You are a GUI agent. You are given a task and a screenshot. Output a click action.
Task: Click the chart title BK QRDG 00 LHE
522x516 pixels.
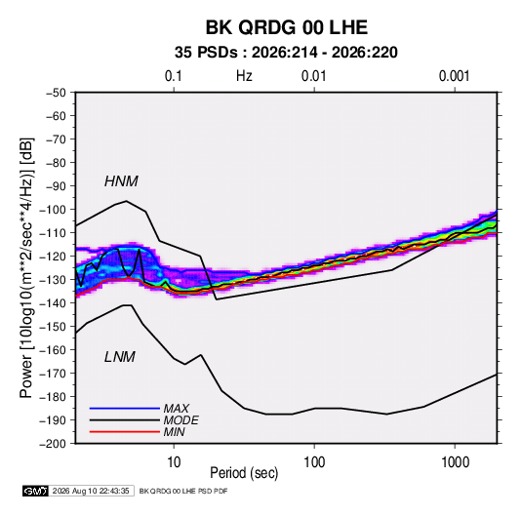coord(286,27)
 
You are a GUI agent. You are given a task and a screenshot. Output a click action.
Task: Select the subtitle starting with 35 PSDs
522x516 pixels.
coord(286,53)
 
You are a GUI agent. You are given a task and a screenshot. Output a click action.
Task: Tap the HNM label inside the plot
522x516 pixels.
coord(121,181)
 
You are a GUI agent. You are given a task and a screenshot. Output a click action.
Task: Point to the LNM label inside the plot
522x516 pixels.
coord(120,357)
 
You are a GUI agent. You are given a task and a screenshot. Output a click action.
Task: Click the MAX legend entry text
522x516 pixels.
coord(177,409)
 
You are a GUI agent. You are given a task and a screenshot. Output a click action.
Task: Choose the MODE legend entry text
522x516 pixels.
coord(181,420)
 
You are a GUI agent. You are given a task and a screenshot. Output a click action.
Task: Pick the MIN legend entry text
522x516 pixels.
coord(175,432)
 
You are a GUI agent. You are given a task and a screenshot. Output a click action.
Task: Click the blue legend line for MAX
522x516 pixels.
coord(125,408)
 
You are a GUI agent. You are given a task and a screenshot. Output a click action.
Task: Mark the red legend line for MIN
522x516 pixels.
coord(125,432)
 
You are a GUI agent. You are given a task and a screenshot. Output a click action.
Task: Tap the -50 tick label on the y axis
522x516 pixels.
coord(56,93)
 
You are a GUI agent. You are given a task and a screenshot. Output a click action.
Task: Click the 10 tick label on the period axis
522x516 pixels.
coord(174,462)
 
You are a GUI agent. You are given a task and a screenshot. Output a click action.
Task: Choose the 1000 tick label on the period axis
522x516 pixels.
coord(455,462)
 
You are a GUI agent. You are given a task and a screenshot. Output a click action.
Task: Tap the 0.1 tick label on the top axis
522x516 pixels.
coord(174,76)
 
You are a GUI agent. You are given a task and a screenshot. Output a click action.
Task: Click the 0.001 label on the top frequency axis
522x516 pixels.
coord(454,76)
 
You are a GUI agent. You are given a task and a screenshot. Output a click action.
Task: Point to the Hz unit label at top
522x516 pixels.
coord(244,76)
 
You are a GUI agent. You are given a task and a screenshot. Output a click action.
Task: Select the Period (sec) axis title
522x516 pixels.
coord(244,473)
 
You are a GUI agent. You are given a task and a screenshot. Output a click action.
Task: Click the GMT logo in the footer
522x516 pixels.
coord(36,491)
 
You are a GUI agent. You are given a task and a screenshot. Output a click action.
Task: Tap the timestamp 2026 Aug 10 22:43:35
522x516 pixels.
coord(91,491)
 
